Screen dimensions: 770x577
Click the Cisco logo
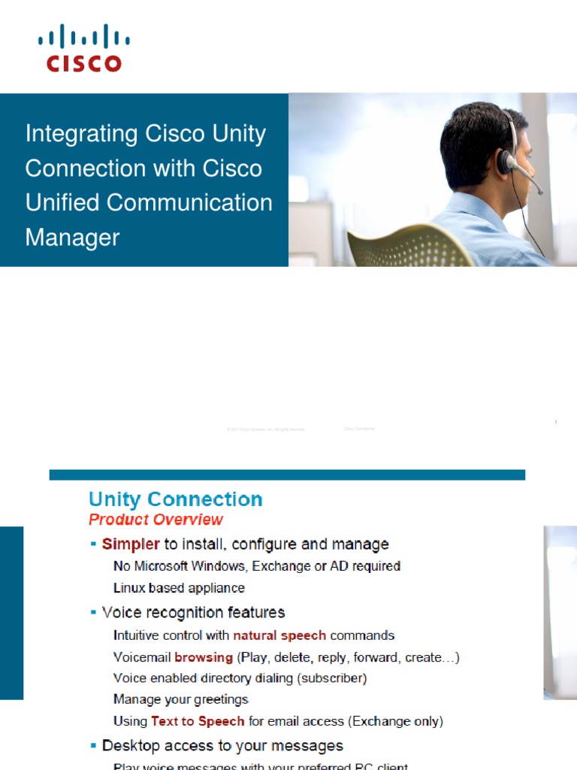pyautogui.click(x=83, y=48)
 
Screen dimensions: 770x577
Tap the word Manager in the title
pyautogui.click(x=72, y=238)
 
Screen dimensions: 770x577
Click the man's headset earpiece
pyautogui.click(x=507, y=161)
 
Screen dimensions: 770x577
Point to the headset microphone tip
pyautogui.click(x=539, y=191)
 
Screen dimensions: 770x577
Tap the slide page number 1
pyautogui.click(x=555, y=423)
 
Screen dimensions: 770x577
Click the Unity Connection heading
pyautogui.click(x=176, y=499)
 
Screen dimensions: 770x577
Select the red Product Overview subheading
pyautogui.click(x=156, y=520)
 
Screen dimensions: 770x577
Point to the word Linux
pyautogui.click(x=128, y=588)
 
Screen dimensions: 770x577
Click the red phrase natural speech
pyautogui.click(x=279, y=635)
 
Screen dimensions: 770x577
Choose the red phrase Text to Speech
pyautogui.click(x=198, y=721)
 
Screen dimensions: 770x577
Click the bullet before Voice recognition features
pyautogui.click(x=93, y=613)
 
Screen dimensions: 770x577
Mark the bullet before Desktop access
pyautogui.click(x=93, y=746)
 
